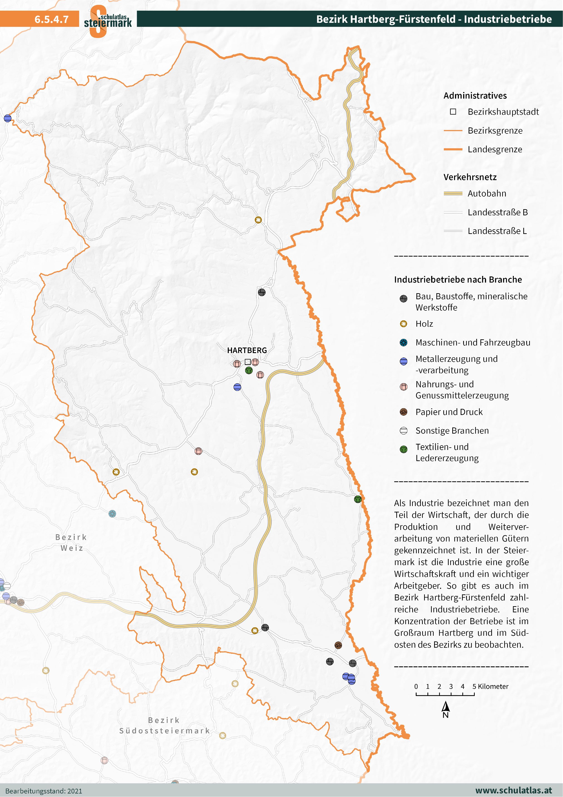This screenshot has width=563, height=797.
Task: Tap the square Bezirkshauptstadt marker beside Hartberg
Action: tap(248, 362)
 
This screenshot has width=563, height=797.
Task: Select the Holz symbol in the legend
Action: tap(403, 324)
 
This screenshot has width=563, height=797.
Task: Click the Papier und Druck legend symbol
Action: tap(403, 412)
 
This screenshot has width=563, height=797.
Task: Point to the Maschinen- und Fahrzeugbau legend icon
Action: tap(403, 343)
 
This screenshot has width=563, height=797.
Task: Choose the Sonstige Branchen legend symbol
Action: tap(403, 431)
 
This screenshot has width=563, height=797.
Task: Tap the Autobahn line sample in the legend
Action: tap(453, 193)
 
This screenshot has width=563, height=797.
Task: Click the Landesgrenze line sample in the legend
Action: tap(453, 149)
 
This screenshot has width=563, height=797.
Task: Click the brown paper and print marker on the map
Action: tap(338, 645)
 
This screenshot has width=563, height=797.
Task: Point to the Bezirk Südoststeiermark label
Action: tap(165, 725)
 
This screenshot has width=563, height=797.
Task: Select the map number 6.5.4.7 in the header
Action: tap(51, 19)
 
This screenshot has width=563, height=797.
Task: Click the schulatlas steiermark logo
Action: tap(108, 21)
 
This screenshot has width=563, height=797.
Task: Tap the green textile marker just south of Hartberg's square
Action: tap(249, 370)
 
